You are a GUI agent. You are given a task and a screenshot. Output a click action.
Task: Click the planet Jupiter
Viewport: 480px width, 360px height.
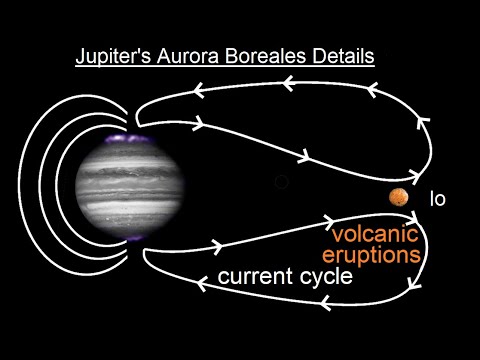pyautogui.click(x=127, y=184)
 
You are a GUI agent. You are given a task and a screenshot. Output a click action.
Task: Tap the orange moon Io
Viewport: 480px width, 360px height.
pyautogui.click(x=399, y=198)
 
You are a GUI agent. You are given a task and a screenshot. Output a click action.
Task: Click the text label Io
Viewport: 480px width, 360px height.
pyautogui.click(x=437, y=199)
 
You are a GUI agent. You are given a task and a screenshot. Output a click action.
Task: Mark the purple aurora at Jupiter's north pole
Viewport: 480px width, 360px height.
pyautogui.click(x=128, y=136)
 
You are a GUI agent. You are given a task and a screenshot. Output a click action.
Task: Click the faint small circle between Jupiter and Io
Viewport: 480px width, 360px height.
pyautogui.click(x=281, y=182)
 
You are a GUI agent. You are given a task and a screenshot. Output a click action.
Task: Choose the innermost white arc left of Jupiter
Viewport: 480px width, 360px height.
pyautogui.click(x=68, y=182)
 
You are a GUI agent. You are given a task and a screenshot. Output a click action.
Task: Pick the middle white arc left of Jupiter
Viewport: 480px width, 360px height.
pyautogui.click(x=48, y=182)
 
